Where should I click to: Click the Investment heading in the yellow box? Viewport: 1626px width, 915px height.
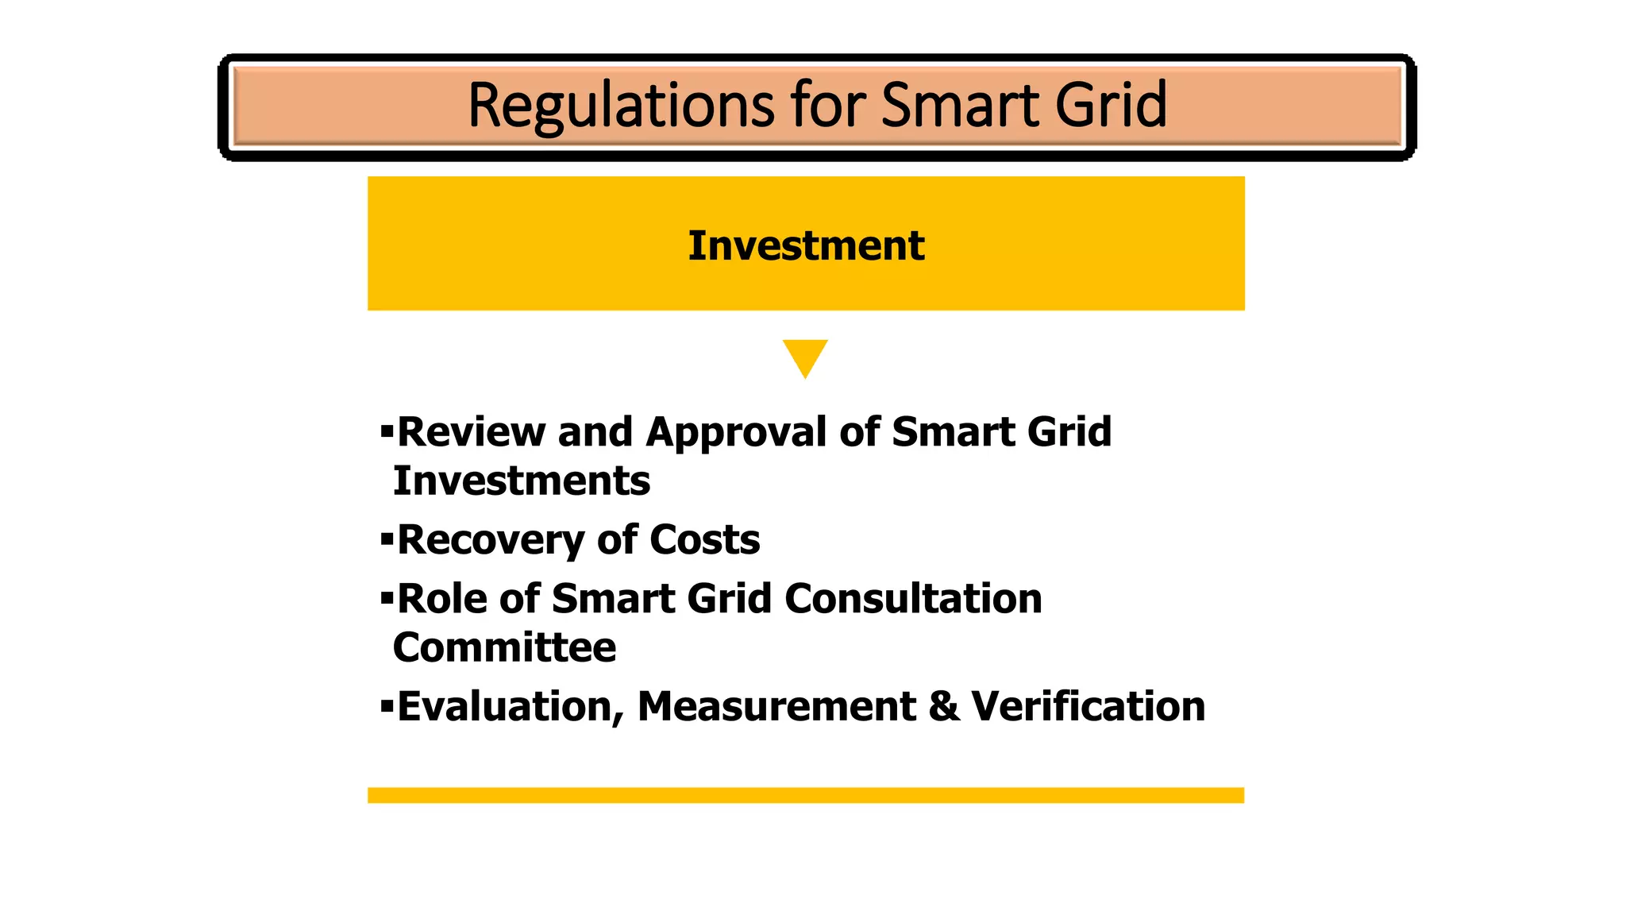[x=806, y=245]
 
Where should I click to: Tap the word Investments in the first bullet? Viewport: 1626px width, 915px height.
[x=522, y=481]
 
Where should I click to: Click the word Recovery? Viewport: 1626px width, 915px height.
[x=491, y=541]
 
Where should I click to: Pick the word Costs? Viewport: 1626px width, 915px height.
[x=704, y=541]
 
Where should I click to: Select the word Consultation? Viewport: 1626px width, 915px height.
[x=913, y=599]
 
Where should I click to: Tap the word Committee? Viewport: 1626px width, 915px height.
[x=504, y=648]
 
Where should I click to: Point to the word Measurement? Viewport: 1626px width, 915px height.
[x=776, y=707]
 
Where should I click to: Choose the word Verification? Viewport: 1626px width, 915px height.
[x=1088, y=707]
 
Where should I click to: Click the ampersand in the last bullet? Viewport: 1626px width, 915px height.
[x=943, y=707]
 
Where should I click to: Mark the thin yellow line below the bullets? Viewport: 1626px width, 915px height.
[x=805, y=795]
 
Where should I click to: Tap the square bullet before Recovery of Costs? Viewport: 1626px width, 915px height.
[x=387, y=540]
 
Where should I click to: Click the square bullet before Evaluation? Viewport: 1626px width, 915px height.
[x=387, y=706]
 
